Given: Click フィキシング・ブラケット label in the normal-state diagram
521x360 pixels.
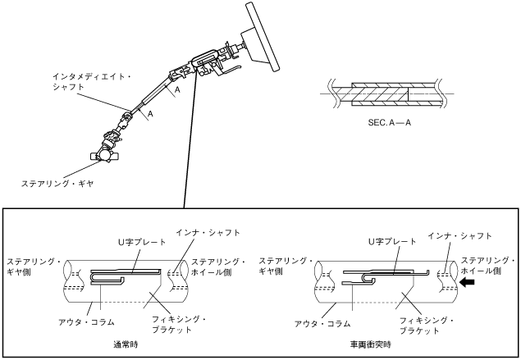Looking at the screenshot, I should tap(181, 323).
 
